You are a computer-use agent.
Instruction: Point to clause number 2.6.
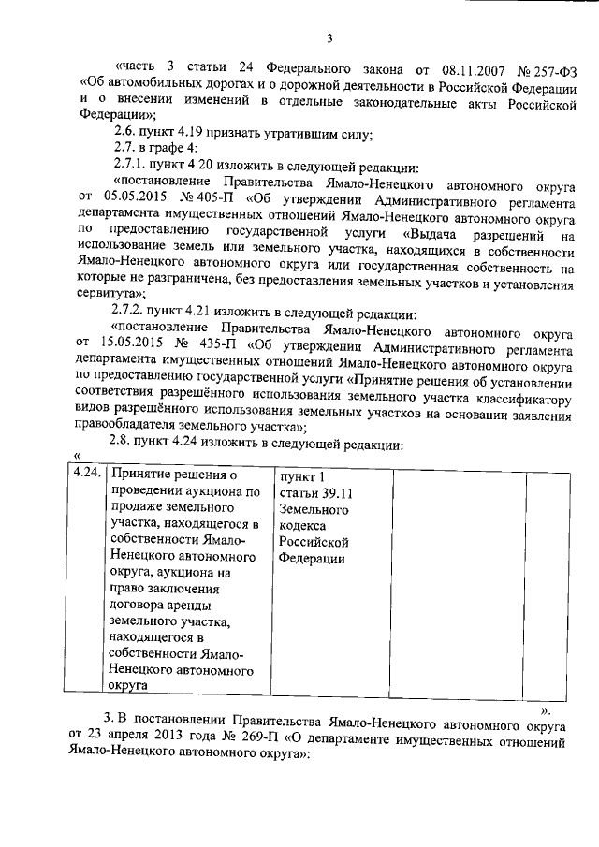[x=125, y=133]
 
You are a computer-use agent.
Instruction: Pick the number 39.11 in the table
[x=333, y=493]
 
